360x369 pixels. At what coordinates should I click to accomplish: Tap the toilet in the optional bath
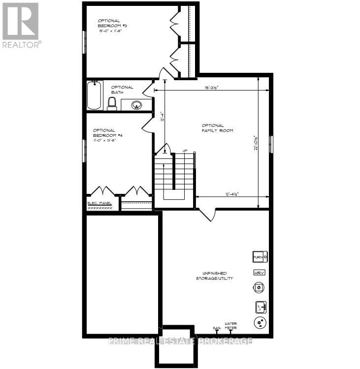pyautogui.click(x=112, y=103)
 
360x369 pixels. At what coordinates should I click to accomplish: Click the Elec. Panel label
pyautogui.click(x=100, y=203)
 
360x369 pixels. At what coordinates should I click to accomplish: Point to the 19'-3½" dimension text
pyautogui.click(x=212, y=88)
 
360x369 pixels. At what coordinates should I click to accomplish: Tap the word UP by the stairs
pyautogui.click(x=185, y=151)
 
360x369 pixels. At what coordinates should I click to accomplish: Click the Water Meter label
pyautogui.click(x=231, y=325)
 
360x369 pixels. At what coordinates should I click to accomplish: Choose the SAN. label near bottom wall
pyautogui.click(x=216, y=328)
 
